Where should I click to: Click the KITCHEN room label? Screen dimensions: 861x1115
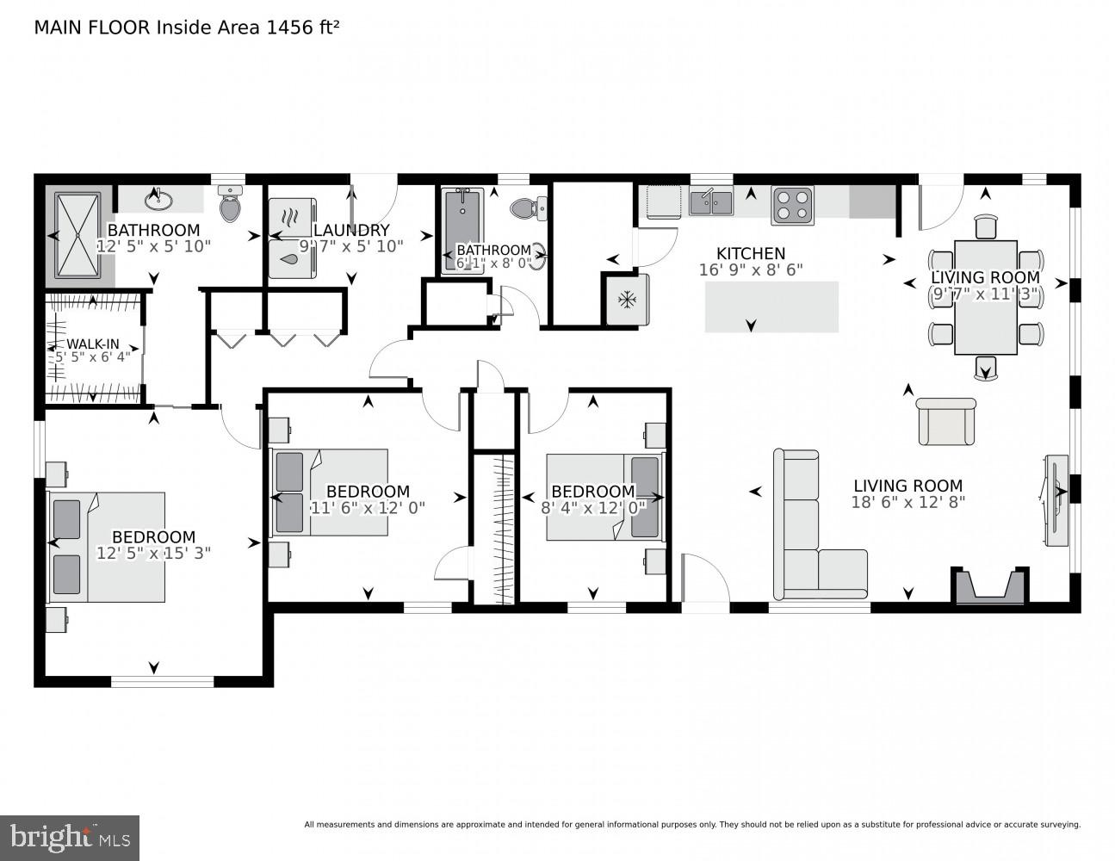click(x=751, y=253)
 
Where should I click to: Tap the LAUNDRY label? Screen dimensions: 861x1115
click(x=351, y=230)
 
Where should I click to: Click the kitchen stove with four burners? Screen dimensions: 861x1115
click(x=792, y=206)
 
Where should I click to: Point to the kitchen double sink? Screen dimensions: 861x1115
click(x=710, y=202)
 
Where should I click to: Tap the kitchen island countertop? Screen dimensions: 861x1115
click(x=771, y=307)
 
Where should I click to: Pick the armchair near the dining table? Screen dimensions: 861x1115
click(x=946, y=422)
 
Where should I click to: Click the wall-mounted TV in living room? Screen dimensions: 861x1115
click(x=1055, y=499)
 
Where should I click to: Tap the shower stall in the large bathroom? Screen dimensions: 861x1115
click(x=78, y=235)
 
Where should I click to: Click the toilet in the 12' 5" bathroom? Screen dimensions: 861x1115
click(x=229, y=206)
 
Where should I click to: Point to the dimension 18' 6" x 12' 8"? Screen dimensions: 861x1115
click(x=907, y=502)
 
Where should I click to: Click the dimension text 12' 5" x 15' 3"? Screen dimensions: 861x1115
click(x=153, y=553)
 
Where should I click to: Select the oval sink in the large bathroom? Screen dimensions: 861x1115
click(x=159, y=201)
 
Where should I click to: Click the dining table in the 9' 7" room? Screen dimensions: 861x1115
click(x=986, y=297)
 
